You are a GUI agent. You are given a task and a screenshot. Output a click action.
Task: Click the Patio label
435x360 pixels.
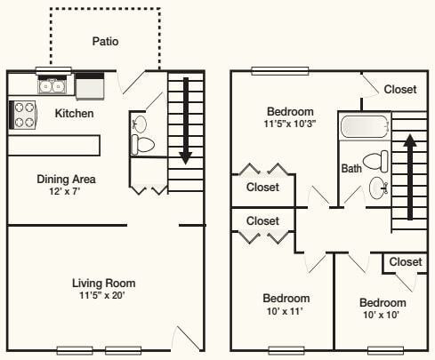pyautogui.click(x=105, y=41)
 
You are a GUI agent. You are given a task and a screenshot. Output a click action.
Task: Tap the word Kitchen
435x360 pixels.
pyautogui.click(x=74, y=114)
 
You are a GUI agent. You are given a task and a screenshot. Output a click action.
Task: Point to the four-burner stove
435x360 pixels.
pyautogui.click(x=23, y=115)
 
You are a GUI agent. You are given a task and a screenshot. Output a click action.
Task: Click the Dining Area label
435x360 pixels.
pyautogui.click(x=66, y=179)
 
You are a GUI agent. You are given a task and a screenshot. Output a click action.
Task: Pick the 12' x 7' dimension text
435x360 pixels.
pyautogui.click(x=66, y=191)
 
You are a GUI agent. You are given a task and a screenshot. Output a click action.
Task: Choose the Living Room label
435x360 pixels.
pyautogui.click(x=103, y=284)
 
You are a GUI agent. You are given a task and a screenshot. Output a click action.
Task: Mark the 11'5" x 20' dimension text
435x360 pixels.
pyautogui.click(x=103, y=296)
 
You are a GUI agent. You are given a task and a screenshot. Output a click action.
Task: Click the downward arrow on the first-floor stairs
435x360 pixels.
pyautogui.click(x=185, y=121)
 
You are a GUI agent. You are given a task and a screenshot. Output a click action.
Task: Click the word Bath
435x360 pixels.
pyautogui.click(x=350, y=168)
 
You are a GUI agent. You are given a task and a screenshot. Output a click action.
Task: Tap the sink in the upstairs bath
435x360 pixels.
pyautogui.click(x=379, y=188)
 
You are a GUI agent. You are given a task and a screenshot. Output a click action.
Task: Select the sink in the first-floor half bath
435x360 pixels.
pyautogui.click(x=139, y=123)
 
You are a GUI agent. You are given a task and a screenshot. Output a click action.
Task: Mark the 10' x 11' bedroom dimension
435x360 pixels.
pyautogui.click(x=286, y=310)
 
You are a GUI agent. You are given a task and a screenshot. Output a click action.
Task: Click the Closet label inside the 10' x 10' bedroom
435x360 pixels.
pyautogui.click(x=405, y=262)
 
